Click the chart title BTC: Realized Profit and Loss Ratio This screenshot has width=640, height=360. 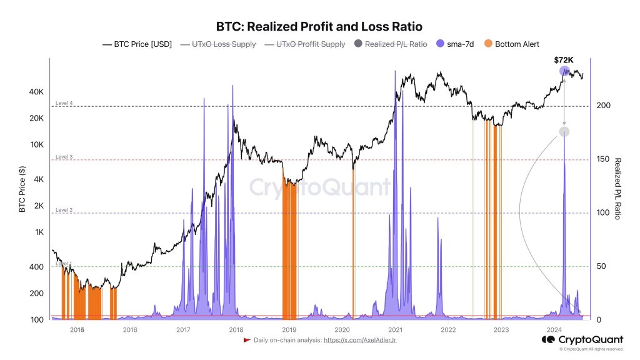tap(319, 27)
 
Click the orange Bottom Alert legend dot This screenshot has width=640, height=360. tap(488, 44)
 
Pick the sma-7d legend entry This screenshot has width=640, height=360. tap(457, 44)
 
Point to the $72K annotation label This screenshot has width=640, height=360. tap(564, 60)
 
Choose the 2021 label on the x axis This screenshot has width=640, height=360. tap(395, 329)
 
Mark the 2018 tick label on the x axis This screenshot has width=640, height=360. tap(236, 329)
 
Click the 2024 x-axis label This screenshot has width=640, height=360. tap(554, 329)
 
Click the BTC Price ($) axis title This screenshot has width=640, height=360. tap(22, 189)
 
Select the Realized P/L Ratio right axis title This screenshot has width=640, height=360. tap(617, 189)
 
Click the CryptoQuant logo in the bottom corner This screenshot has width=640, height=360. tap(582, 339)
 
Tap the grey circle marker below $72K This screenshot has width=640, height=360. tap(564, 131)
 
